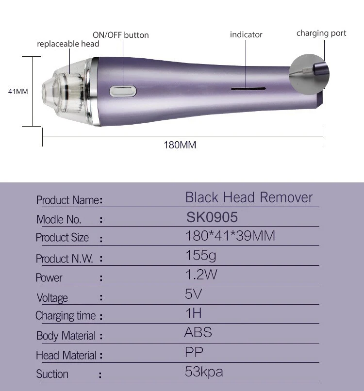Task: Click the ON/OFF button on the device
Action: tap(123, 91)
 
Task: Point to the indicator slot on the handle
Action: tap(248, 88)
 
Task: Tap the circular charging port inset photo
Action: tap(309, 74)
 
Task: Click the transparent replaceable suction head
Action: tap(66, 92)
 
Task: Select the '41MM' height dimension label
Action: tap(18, 91)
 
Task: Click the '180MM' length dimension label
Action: tap(180, 145)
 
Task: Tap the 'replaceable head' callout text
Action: tap(68, 44)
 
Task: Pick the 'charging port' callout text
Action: tap(321, 33)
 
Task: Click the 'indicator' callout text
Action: tap(246, 34)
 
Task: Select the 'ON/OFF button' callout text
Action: tap(121, 35)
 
